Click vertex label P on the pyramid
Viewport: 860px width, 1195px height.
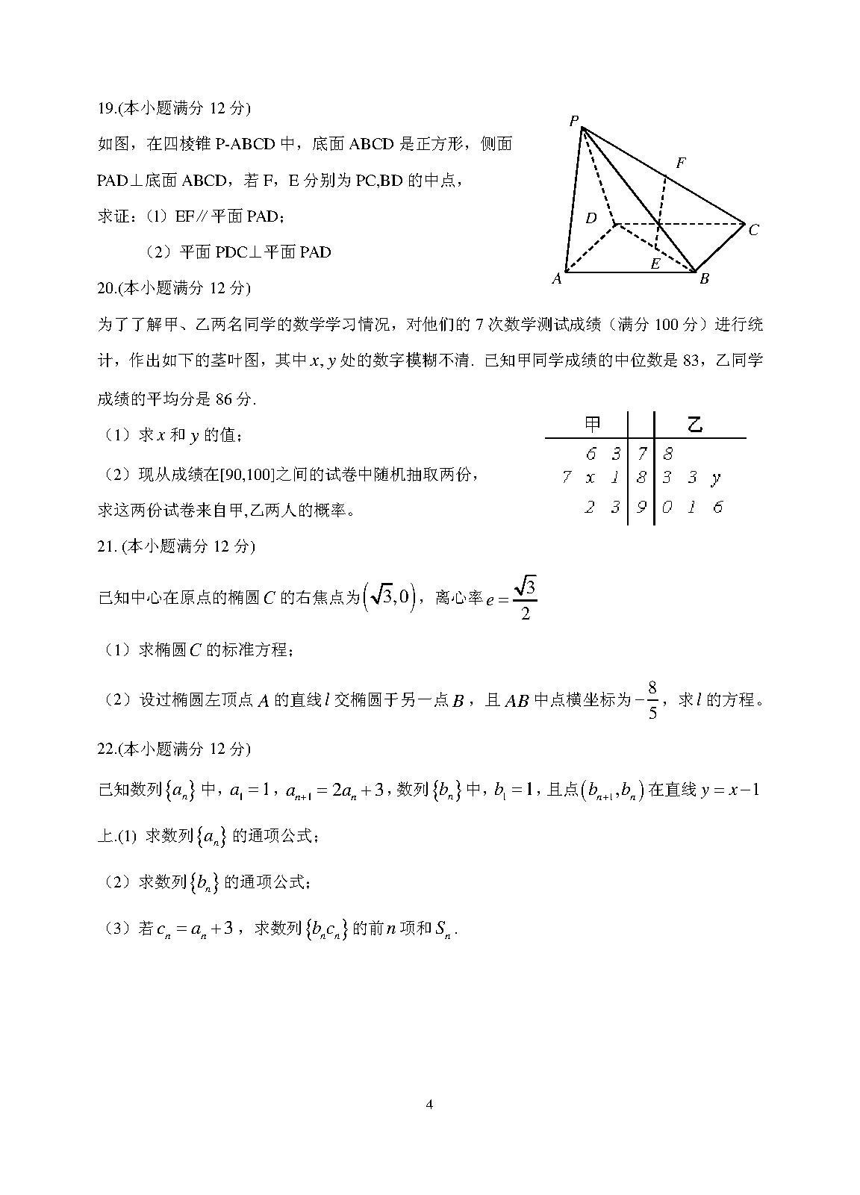[573, 121]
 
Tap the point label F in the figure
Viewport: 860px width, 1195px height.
[680, 163]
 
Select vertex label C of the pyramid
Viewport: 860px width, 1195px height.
[753, 230]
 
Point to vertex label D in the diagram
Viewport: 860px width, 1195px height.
[591, 218]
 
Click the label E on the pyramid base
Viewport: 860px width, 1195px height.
[655, 263]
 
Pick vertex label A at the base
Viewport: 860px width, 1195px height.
[556, 279]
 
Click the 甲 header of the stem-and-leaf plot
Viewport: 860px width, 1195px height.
[592, 424]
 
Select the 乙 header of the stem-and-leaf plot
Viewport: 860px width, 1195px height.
[695, 424]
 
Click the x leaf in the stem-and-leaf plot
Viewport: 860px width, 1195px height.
[591, 478]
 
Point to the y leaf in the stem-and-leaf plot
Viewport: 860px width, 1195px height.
[716, 478]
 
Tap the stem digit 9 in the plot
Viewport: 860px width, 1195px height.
[641, 508]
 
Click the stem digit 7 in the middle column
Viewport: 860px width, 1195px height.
[641, 453]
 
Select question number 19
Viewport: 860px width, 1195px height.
[106, 108]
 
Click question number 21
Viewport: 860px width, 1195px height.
[107, 546]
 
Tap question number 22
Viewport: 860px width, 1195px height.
[106, 749]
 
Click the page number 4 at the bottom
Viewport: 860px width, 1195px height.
[429, 1105]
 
